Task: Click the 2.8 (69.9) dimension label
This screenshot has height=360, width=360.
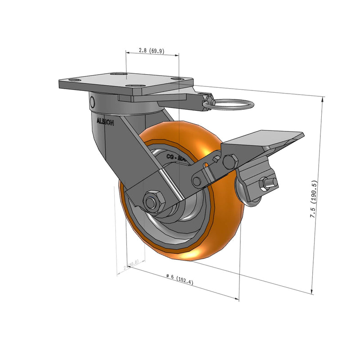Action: coord(151,51)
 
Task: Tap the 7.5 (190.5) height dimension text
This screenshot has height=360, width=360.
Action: coord(315,200)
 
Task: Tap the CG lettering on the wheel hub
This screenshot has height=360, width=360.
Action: coord(171,157)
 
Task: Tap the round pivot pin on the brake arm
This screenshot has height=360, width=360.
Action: coord(197,181)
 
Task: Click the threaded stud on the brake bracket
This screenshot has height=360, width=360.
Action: coord(269,182)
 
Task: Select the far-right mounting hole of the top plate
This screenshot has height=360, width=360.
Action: coord(180,80)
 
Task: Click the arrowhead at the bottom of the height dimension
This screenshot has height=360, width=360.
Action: coord(312,291)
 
